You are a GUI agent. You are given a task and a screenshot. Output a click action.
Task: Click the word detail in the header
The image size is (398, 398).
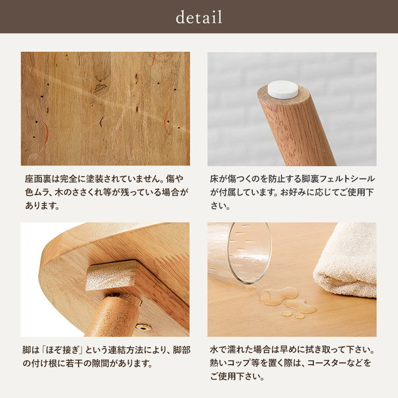[x=199, y=17]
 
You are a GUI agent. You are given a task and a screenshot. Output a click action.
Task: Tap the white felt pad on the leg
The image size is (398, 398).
[x=283, y=89]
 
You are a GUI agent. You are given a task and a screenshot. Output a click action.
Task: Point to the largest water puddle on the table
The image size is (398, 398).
[x=278, y=295]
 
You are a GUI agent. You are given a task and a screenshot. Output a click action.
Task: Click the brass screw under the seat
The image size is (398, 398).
[x=143, y=327]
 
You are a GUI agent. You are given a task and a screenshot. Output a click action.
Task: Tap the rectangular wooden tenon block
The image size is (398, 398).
[x=113, y=275]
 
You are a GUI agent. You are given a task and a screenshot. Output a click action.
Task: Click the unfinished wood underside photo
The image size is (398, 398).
[x=105, y=109]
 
